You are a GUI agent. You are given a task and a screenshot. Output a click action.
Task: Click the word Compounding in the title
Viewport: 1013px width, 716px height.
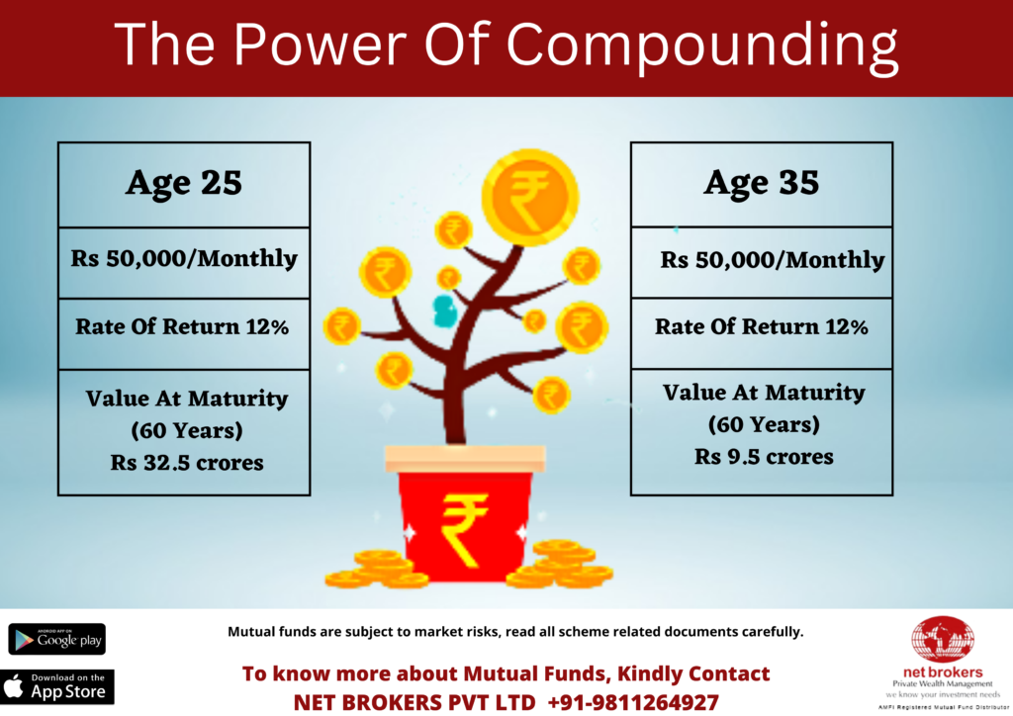[x=701, y=45]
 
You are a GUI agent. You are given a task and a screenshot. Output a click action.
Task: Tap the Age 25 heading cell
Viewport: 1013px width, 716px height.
[x=184, y=185]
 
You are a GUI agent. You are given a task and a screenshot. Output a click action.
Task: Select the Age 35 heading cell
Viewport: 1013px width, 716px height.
[x=762, y=185]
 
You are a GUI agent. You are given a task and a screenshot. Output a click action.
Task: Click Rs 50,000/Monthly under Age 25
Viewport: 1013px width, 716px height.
[x=184, y=258]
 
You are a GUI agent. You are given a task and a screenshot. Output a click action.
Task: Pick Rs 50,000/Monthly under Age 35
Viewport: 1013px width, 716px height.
[x=772, y=259]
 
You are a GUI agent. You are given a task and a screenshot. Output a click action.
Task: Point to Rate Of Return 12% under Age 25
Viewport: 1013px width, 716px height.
[x=182, y=326]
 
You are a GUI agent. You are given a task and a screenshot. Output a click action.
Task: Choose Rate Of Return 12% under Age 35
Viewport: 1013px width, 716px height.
[x=762, y=326]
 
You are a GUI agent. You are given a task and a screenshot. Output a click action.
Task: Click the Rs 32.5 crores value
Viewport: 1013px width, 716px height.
[x=187, y=462]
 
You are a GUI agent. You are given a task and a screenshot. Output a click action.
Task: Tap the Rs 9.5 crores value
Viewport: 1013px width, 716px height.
[x=764, y=457]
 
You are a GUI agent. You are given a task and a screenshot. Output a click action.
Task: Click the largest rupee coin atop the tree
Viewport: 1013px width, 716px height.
[x=530, y=197]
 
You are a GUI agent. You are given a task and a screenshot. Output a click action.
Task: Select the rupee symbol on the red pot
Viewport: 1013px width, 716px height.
[x=464, y=529]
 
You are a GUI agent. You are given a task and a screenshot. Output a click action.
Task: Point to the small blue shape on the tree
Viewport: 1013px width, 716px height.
[x=445, y=311]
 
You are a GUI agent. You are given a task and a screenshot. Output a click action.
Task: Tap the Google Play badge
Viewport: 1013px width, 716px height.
[x=56, y=639]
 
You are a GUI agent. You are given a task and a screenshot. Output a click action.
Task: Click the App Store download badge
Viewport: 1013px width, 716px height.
[x=56, y=686]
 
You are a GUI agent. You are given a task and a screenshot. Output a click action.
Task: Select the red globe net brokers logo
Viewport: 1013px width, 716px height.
[x=943, y=640]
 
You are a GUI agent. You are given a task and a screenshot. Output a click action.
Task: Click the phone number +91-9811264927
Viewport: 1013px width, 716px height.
[x=633, y=702]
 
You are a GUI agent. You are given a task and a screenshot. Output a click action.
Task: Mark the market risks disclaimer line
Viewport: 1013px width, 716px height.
[x=515, y=631]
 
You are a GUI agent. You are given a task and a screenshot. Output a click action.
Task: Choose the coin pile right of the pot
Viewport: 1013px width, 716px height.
[x=560, y=565]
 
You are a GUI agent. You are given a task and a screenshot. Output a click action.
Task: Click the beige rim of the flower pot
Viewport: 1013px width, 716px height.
[x=465, y=459]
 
